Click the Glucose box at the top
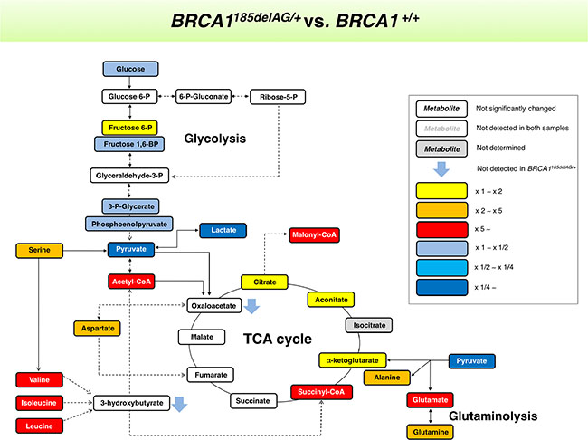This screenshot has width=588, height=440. point(131,69)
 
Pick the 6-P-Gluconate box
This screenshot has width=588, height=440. point(204,95)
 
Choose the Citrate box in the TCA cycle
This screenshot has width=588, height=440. point(265,282)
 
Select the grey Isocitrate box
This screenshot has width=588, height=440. point(370,322)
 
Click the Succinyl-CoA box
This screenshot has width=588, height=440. point(316,392)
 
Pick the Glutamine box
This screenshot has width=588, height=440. point(429,431)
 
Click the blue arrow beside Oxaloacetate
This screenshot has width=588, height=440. point(252,308)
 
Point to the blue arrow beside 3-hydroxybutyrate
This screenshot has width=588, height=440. point(182,403)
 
